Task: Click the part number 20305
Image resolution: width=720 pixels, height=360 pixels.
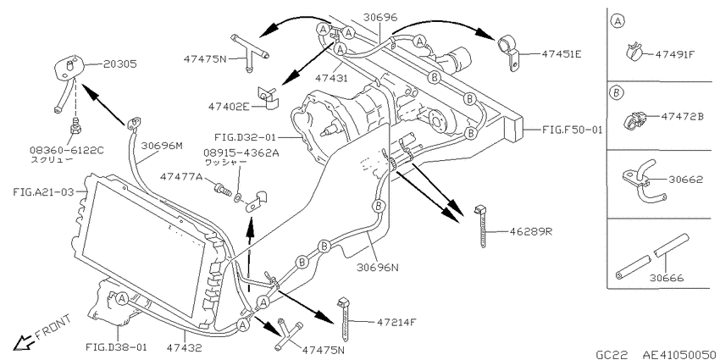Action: click(x=119, y=64)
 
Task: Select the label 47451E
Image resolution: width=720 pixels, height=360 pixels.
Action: click(x=562, y=53)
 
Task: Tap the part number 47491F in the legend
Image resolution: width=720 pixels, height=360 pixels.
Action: click(x=675, y=54)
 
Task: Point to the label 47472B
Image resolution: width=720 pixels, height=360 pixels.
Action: click(x=683, y=117)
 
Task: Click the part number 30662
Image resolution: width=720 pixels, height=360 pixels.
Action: click(x=685, y=180)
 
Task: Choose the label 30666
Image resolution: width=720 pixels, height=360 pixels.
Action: click(x=667, y=278)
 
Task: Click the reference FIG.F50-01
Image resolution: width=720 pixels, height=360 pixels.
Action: click(x=572, y=130)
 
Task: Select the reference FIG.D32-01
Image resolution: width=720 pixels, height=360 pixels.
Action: click(x=245, y=137)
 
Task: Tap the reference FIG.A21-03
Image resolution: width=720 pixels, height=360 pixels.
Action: click(x=43, y=192)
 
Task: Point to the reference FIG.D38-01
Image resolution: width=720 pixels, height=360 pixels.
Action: click(x=116, y=347)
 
